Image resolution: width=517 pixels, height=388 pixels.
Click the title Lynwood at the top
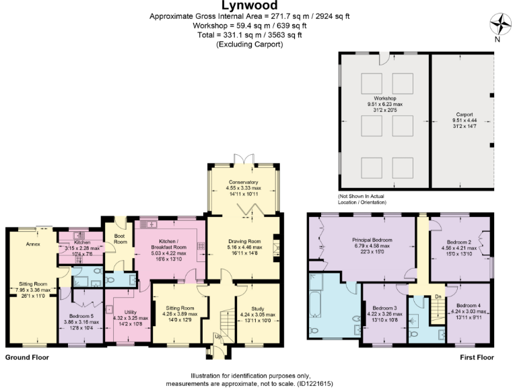[x=259, y=5]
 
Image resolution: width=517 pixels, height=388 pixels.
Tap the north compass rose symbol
[x=499, y=25]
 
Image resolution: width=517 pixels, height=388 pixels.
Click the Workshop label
[x=381, y=98]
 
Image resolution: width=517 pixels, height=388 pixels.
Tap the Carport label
[x=464, y=115]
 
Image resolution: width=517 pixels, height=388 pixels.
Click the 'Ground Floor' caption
[x=26, y=357]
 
